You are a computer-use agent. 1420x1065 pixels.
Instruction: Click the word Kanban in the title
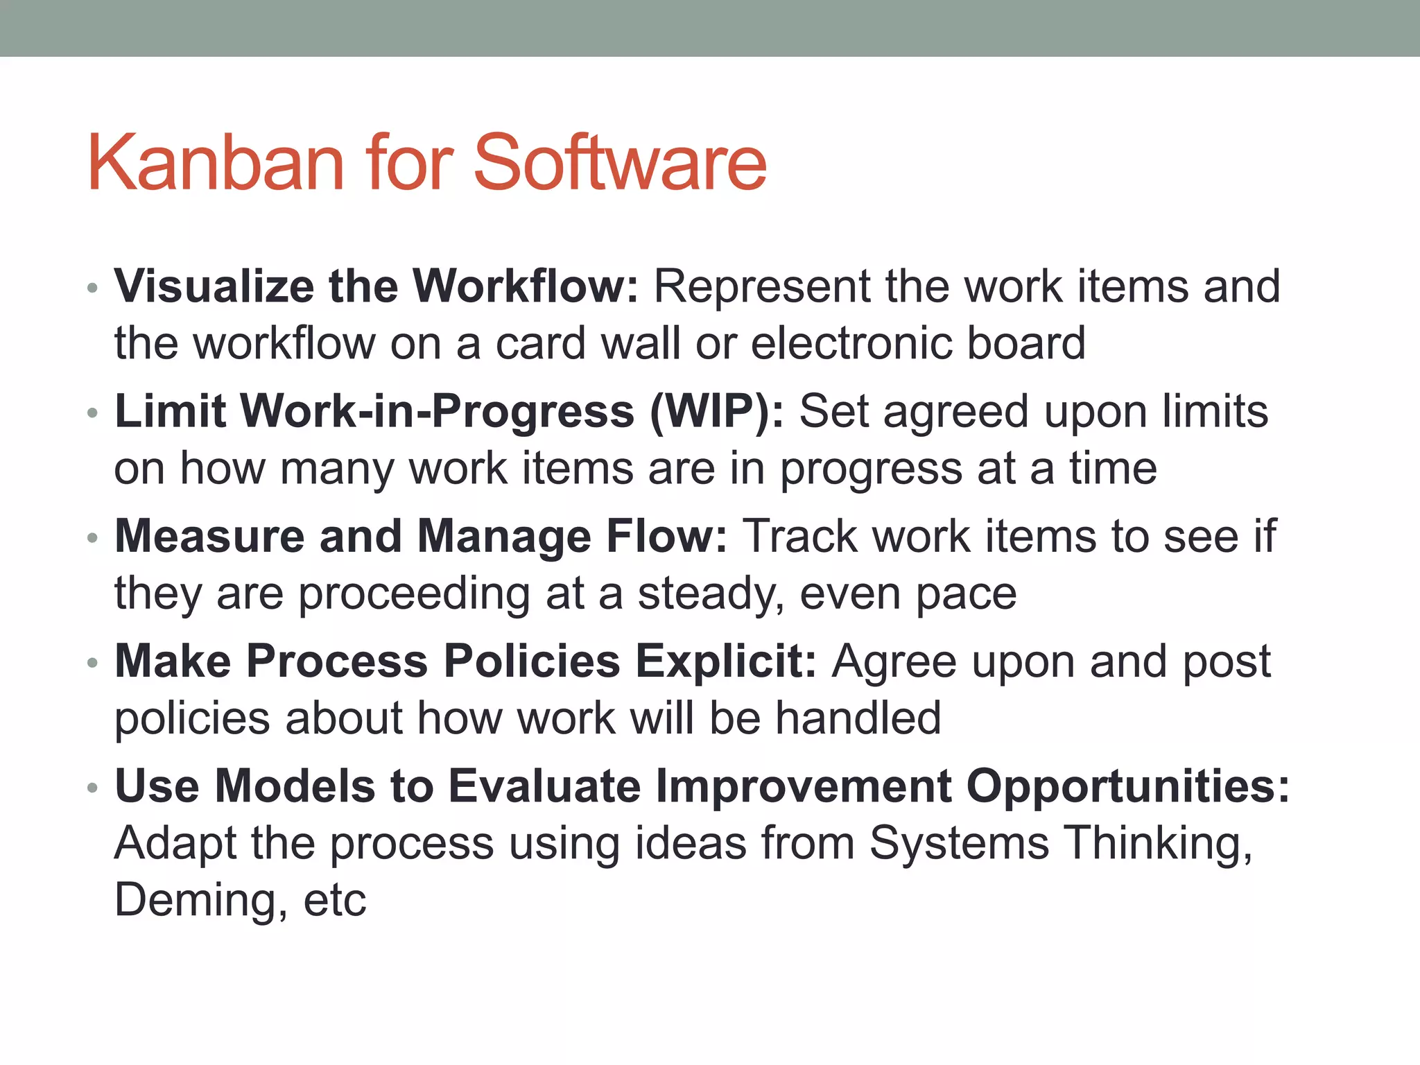pyautogui.click(x=216, y=163)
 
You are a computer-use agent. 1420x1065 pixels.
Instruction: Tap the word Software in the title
pyautogui.click(x=620, y=163)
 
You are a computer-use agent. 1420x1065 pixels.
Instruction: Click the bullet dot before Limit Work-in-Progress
pyautogui.click(x=93, y=414)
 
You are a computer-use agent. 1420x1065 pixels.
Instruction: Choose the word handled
pyautogui.click(x=858, y=718)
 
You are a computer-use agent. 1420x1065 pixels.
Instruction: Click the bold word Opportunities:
pyautogui.click(x=1127, y=787)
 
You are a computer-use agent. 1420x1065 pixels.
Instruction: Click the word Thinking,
pyautogui.click(x=1158, y=844)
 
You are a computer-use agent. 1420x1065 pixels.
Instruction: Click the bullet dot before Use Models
pyautogui.click(x=93, y=789)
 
